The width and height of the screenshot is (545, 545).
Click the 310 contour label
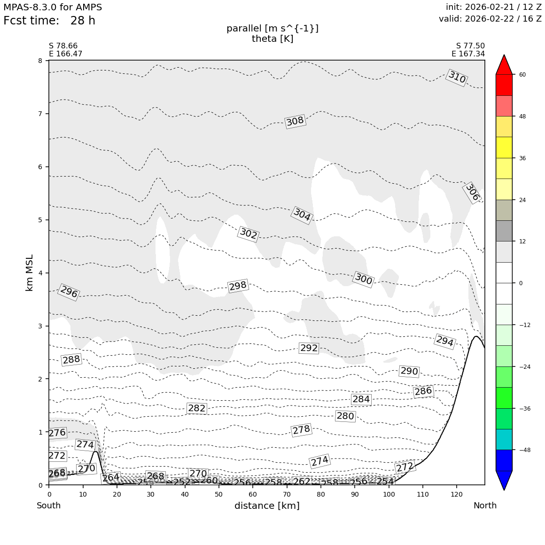click(x=457, y=78)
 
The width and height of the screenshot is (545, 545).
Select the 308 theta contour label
click(x=295, y=121)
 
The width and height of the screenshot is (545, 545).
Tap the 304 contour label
click(x=302, y=215)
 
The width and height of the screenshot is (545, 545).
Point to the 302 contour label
click(x=249, y=234)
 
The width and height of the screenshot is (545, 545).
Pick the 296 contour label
click(x=69, y=292)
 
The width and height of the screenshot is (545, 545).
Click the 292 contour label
click(x=309, y=348)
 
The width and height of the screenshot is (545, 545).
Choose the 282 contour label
click(x=196, y=408)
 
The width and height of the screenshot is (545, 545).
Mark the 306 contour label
click(x=472, y=193)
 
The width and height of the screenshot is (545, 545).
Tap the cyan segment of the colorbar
click(x=504, y=439)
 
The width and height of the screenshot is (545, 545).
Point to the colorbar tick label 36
click(x=522, y=158)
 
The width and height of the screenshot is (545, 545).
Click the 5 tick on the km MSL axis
click(x=40, y=220)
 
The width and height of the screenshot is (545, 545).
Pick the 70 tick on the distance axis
click(x=287, y=495)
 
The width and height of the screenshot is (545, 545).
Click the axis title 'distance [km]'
click(x=267, y=506)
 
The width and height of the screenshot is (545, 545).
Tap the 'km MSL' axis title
click(x=30, y=273)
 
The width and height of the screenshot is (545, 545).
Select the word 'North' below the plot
click(x=485, y=506)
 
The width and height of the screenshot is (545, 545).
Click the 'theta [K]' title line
click(x=272, y=39)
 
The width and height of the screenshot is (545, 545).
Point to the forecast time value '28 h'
click(x=83, y=21)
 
